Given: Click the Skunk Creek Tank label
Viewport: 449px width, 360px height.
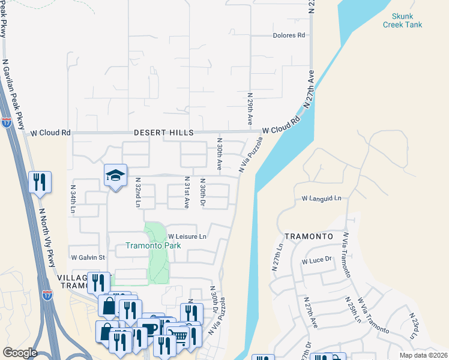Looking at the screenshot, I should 403,20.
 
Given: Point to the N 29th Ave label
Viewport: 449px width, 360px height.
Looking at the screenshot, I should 250,110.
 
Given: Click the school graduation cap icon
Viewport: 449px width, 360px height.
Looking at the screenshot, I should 116,175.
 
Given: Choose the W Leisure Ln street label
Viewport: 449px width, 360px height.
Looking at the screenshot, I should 187,236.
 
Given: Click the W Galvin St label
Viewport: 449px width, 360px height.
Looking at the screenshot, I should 88,257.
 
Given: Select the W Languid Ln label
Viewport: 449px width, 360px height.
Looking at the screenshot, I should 321,198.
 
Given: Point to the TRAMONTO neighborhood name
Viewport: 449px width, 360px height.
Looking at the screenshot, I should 309,237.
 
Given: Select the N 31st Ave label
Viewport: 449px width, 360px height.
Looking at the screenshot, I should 186,192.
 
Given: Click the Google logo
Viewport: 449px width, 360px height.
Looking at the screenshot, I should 20,353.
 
